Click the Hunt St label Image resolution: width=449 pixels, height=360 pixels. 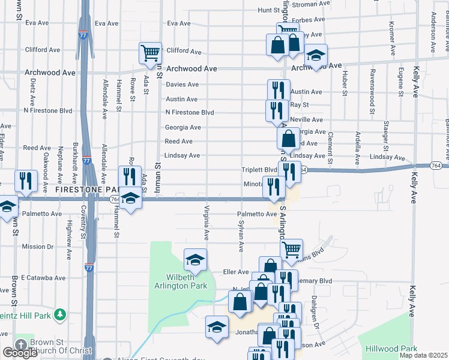click(269, 10)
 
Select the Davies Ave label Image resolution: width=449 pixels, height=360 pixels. click(182, 85)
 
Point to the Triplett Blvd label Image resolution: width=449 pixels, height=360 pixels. click(259, 170)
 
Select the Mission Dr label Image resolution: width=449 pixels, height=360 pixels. click(34, 247)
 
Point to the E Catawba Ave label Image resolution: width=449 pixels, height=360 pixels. click(43, 278)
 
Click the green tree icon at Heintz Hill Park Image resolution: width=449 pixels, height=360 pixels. click(59, 314)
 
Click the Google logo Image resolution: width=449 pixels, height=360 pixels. click(20, 353)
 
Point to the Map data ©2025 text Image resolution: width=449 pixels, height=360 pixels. click(424, 355)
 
